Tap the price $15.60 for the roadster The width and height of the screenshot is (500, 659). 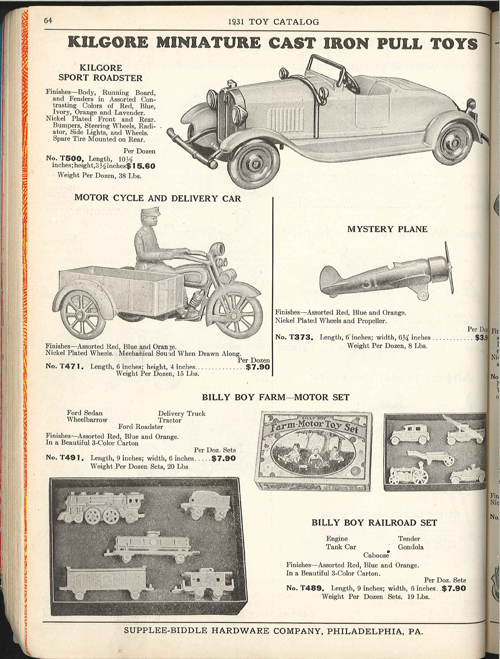pyautogui.click(x=140, y=166)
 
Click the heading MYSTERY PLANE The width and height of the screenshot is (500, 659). pyautogui.click(x=387, y=229)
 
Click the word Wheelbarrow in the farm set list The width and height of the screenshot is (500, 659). pyautogui.click(x=87, y=420)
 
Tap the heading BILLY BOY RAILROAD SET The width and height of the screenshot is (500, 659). pyautogui.click(x=374, y=522)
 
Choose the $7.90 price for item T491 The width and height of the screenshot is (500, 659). pyautogui.click(x=223, y=458)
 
